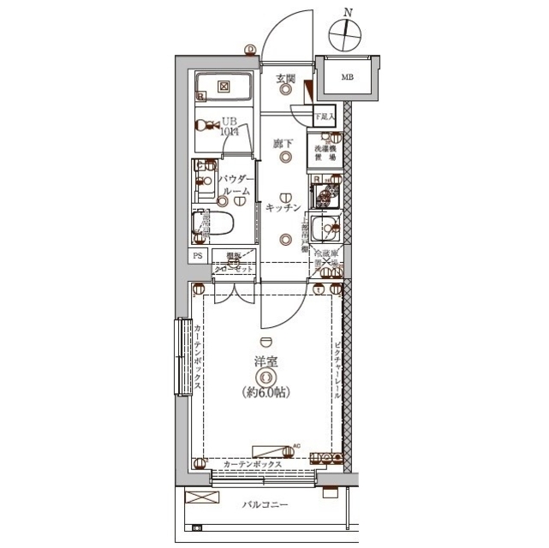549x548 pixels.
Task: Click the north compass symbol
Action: (x=348, y=34)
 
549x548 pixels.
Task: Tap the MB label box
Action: (x=347, y=78)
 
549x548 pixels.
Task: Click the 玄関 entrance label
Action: (x=285, y=80)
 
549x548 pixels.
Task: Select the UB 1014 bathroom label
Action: (x=229, y=127)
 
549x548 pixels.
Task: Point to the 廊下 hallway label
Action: (x=283, y=143)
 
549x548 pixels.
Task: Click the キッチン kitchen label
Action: (x=283, y=208)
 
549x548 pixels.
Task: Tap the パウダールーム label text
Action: (x=233, y=185)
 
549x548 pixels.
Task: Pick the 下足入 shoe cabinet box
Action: (x=323, y=116)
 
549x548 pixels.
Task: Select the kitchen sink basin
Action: (x=325, y=229)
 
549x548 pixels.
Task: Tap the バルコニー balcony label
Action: (x=265, y=505)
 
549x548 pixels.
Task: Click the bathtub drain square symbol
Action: (x=223, y=86)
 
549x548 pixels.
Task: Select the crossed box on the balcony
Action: (x=196, y=497)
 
